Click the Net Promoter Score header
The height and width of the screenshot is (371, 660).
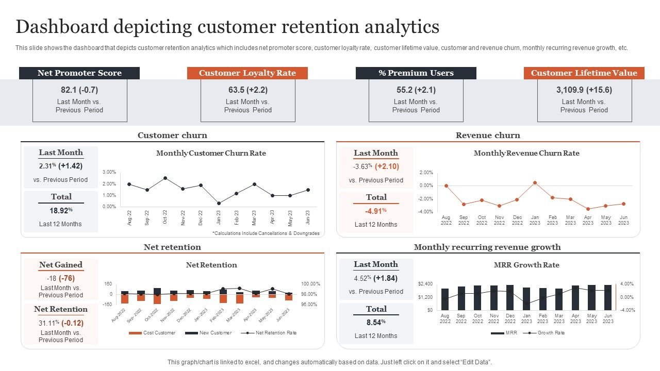[x=79, y=73]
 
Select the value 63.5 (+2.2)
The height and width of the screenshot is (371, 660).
[x=247, y=90]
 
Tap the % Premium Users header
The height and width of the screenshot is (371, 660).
[x=416, y=73]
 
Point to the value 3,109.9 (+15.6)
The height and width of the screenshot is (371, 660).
[x=584, y=90]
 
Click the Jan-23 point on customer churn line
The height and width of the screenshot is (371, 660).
[x=219, y=203]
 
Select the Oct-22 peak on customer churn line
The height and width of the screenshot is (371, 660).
[x=165, y=178]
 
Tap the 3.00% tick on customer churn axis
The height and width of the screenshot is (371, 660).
[x=109, y=172]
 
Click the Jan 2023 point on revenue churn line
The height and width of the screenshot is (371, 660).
[x=535, y=182]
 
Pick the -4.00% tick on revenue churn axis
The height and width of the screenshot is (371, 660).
[x=426, y=212]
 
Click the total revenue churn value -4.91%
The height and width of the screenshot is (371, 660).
[x=376, y=211]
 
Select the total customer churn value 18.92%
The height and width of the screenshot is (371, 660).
[x=61, y=210]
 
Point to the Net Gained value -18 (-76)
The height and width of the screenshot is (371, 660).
[x=60, y=278]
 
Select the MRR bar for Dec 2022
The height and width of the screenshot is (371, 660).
[x=510, y=297]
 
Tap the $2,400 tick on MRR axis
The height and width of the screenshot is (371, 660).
[x=425, y=284]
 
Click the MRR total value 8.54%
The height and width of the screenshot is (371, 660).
[x=376, y=323]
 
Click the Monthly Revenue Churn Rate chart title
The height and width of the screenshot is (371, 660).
[x=526, y=153]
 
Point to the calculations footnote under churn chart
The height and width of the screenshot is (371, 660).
[x=266, y=233]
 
